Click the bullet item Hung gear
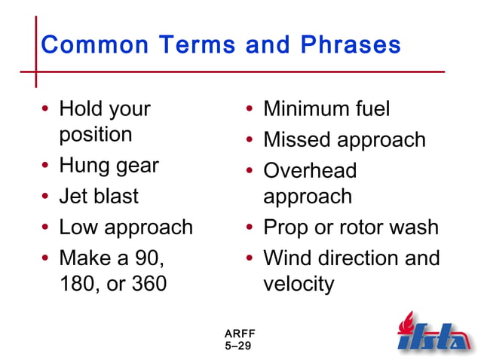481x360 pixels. coord(109,166)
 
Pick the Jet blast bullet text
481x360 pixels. coord(99,197)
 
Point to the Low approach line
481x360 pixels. coord(126,227)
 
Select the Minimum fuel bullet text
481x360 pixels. coord(326,109)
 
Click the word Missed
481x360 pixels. coord(297,140)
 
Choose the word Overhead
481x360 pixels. coord(310,171)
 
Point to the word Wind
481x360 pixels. coord(286,258)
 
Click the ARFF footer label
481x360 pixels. coord(238,334)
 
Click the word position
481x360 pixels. coord(96,136)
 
